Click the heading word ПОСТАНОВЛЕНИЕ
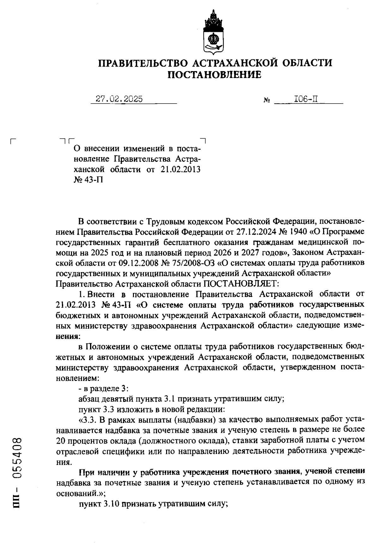pos(214,75)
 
